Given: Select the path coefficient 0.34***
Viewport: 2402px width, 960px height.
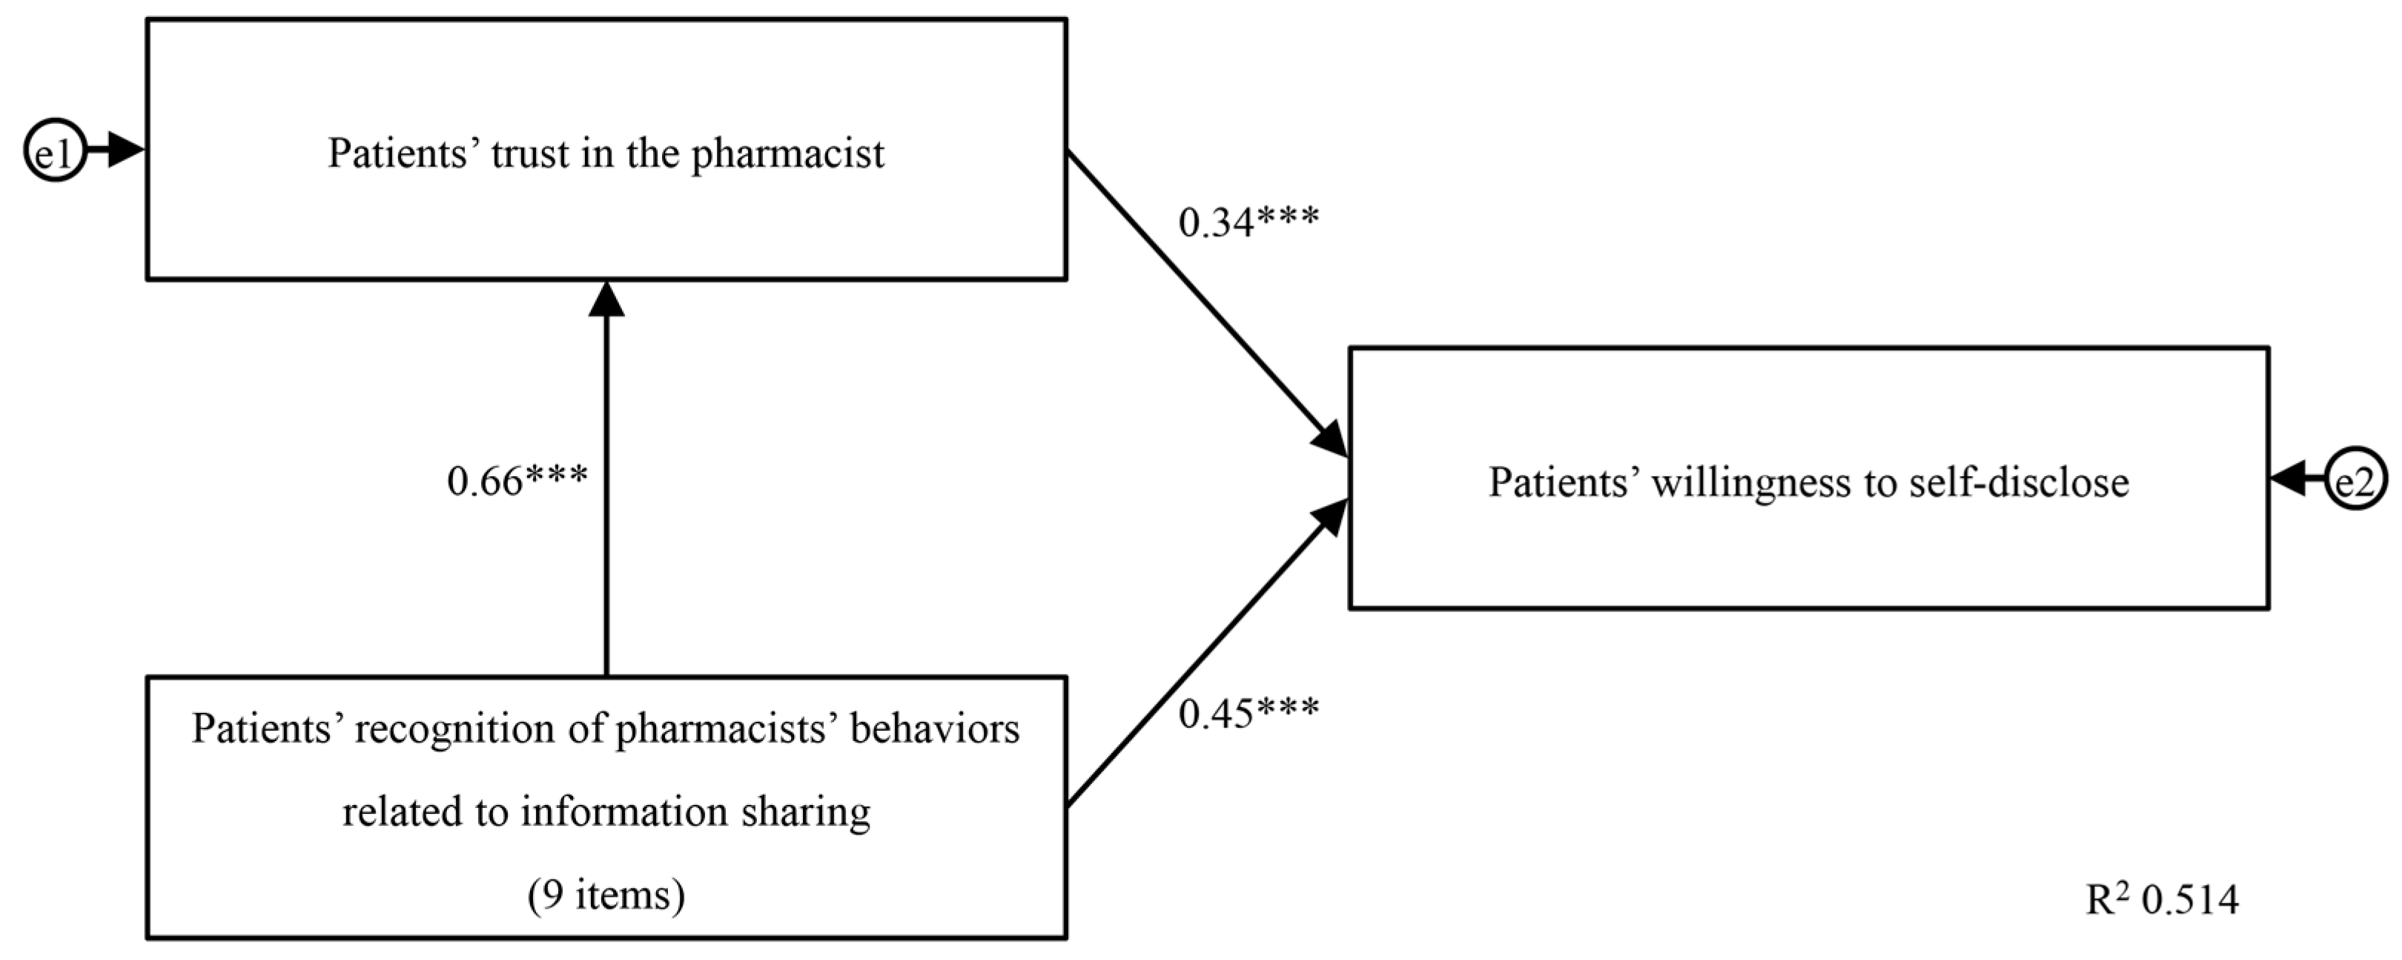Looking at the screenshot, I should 1248,222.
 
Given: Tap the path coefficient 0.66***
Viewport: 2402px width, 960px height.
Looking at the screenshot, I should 517,481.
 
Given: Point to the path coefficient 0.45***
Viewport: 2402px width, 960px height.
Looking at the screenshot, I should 1248,713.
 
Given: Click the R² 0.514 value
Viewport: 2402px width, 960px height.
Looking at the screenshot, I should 2161,899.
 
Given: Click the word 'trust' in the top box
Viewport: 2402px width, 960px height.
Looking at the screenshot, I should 529,154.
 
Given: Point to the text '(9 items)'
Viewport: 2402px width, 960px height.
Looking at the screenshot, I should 606,895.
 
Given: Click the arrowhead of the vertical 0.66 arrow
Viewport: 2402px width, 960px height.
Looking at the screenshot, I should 606,298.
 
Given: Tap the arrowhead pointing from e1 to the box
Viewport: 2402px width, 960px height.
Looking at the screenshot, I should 126,150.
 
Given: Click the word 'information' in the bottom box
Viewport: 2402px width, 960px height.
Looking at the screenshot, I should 623,812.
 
